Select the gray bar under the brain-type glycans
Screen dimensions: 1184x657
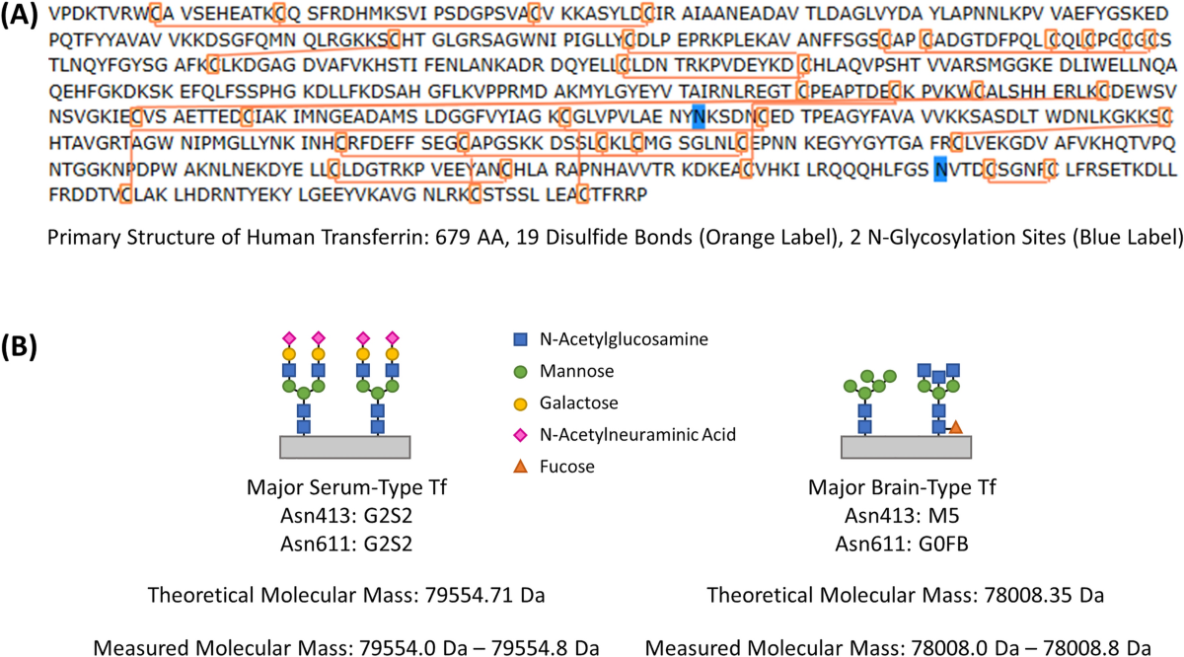point(904,447)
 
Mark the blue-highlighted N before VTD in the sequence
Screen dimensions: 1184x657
point(940,168)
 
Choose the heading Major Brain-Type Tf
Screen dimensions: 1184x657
point(904,486)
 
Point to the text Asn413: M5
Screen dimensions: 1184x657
point(904,514)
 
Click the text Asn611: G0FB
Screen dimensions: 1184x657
point(904,541)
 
